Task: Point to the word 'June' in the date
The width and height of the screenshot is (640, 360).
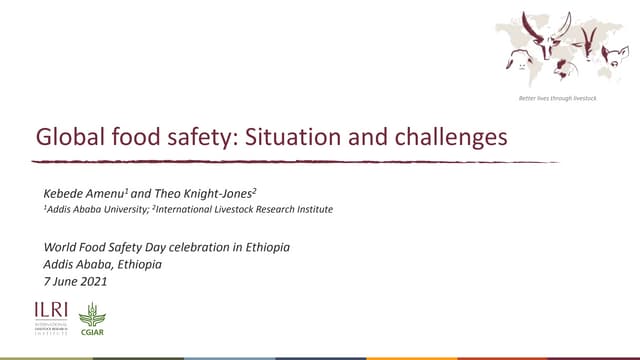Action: pos(69,281)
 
